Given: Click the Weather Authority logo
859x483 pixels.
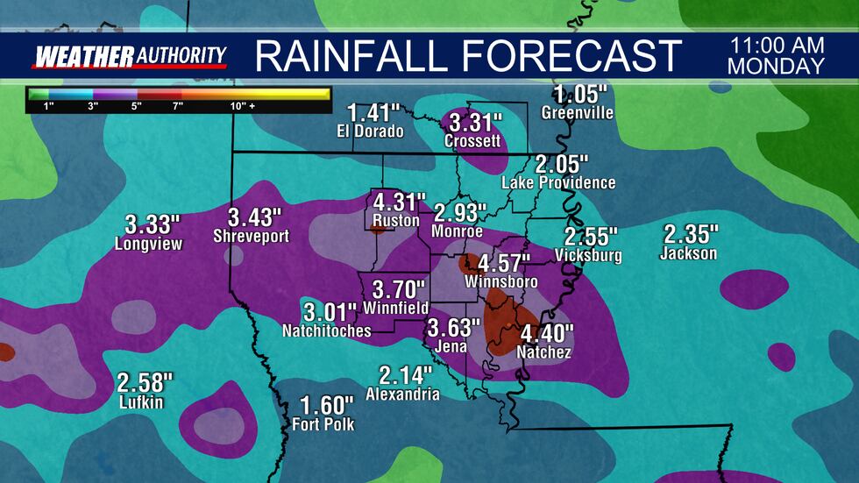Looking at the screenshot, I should [x=130, y=56].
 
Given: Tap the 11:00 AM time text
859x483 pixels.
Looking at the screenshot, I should [x=776, y=46].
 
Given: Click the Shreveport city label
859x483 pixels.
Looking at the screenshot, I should [x=252, y=236].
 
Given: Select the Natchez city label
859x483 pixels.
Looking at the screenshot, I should [x=545, y=352].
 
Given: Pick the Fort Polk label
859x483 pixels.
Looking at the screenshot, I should [x=324, y=425].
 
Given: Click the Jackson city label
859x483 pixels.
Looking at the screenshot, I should [x=689, y=254].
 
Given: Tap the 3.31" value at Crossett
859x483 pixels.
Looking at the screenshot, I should [x=473, y=122].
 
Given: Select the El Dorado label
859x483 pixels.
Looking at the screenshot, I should [x=370, y=132].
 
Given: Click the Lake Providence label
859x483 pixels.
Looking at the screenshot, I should [x=558, y=182].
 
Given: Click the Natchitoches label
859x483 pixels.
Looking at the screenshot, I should [x=326, y=330].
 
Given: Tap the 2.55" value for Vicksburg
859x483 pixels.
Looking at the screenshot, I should [x=591, y=237].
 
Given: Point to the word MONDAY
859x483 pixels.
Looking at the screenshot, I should [x=776, y=67].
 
